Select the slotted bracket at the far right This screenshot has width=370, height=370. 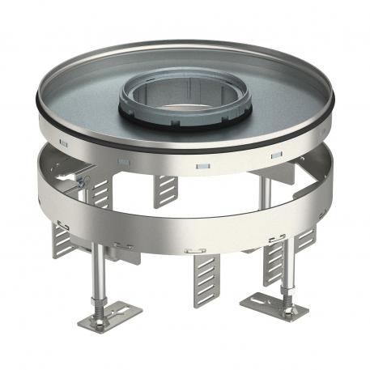tap(304, 239)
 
